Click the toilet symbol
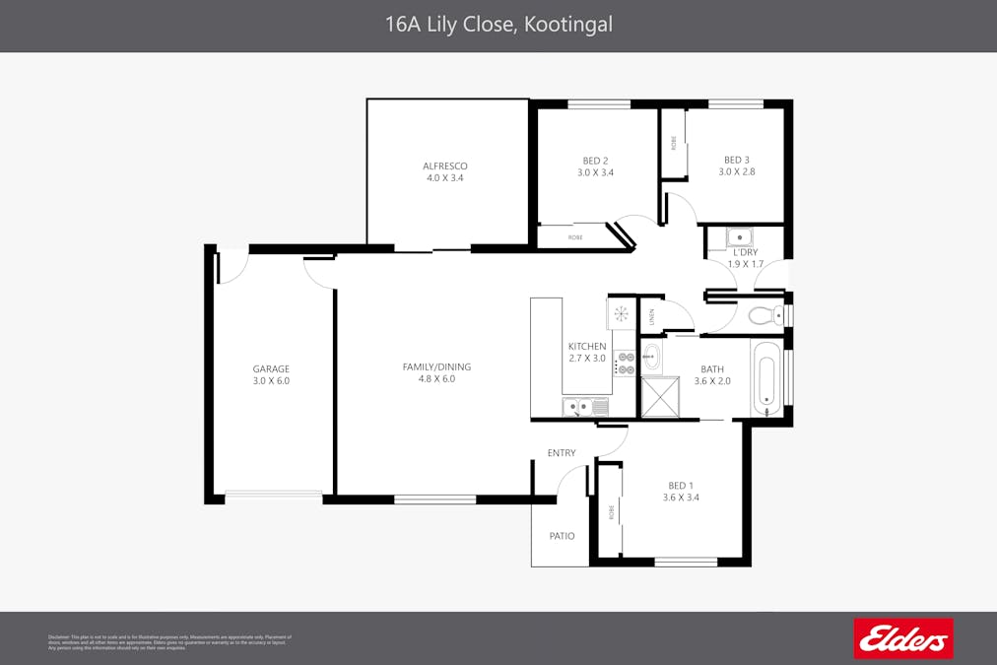pyautogui.click(x=764, y=315)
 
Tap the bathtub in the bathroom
pyautogui.click(x=765, y=379)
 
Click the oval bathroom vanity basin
pyautogui.click(x=652, y=357)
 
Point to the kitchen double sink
pyautogui.click(x=579, y=405)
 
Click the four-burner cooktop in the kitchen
pyautogui.click(x=624, y=363)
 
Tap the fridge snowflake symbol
pyautogui.click(x=621, y=314)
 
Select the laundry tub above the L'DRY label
pyautogui.click(x=739, y=236)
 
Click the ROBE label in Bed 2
pyautogui.click(x=575, y=237)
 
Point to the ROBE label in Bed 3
pyautogui.click(x=674, y=144)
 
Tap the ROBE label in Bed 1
pyautogui.click(x=611, y=512)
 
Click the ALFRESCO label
pyautogui.click(x=444, y=166)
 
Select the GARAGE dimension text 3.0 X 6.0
pyautogui.click(x=271, y=380)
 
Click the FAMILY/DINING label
pyautogui.click(x=436, y=366)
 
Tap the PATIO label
pyautogui.click(x=562, y=536)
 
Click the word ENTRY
pyautogui.click(x=562, y=453)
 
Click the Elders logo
pyautogui.click(x=903, y=638)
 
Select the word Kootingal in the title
pyautogui.click(x=566, y=25)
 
